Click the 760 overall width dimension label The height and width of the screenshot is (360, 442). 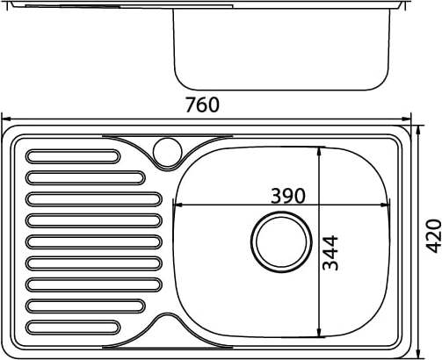coord(202,104)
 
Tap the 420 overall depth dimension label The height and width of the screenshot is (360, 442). coord(433,235)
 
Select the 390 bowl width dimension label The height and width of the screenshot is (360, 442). coord(288,196)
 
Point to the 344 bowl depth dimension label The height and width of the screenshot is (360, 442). coord(330,253)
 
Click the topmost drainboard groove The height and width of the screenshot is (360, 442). coord(73,156)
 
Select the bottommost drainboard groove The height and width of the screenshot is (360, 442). coord(73,328)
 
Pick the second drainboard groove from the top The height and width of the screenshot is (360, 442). coord(85,178)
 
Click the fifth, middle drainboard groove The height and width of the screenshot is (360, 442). coord(94,242)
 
